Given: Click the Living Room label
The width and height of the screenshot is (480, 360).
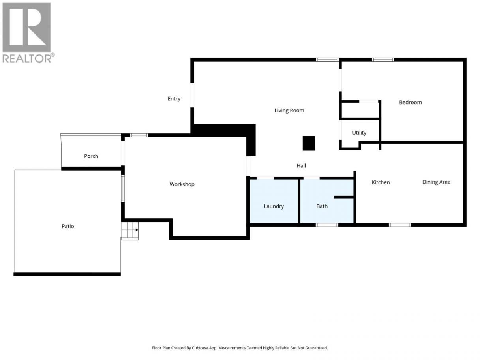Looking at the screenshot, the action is [x=289, y=111].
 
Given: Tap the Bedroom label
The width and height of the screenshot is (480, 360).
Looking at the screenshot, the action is [x=410, y=102].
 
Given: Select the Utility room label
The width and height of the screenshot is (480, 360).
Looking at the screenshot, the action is [x=359, y=133].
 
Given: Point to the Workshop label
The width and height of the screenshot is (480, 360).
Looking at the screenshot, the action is [x=182, y=184].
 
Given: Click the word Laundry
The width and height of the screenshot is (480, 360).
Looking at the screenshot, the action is [x=274, y=206].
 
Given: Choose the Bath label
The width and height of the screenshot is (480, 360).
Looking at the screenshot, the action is [x=322, y=206].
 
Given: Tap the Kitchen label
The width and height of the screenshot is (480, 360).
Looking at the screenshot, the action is [x=381, y=182].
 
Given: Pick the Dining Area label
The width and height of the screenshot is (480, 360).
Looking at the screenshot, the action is [x=436, y=182].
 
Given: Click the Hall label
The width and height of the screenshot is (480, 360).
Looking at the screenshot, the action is [x=301, y=166].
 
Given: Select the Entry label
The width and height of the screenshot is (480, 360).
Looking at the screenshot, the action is [x=174, y=99].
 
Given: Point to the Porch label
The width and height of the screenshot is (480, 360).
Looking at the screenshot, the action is [x=91, y=156].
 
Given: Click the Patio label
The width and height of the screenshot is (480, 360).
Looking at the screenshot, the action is [x=67, y=226].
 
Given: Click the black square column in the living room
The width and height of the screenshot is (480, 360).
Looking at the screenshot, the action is [x=309, y=143].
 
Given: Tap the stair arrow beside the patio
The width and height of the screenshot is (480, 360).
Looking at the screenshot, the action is [x=137, y=230].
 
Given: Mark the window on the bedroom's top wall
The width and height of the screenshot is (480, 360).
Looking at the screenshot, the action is [x=383, y=60].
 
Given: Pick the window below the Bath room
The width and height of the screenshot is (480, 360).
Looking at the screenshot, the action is [x=327, y=225].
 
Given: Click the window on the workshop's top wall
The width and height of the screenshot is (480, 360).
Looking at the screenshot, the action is [x=139, y=135].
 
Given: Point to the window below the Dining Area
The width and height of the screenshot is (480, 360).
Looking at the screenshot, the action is [x=400, y=225].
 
